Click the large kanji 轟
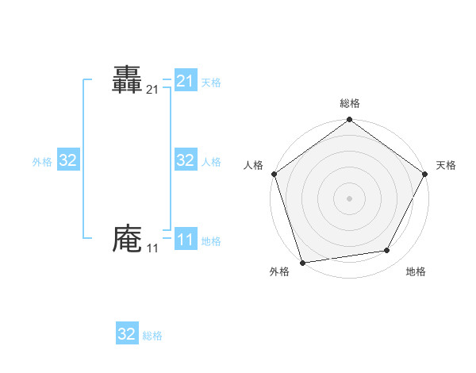(127, 80)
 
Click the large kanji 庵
(127, 239)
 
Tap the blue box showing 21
(186, 81)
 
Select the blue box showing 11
(186, 240)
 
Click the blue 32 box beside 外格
(68, 161)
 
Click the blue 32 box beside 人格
(186, 161)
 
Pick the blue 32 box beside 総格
(127, 334)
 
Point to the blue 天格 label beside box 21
(211, 82)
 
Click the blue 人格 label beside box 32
(211, 162)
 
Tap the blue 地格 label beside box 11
(211, 241)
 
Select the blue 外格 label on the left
(42, 162)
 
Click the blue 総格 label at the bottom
(152, 336)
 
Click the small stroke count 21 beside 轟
(152, 90)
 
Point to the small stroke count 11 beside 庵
(152, 249)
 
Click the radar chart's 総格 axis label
(349, 103)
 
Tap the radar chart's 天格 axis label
(446, 165)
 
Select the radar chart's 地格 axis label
(416, 271)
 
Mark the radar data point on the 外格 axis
(302, 262)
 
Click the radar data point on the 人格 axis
(274, 174)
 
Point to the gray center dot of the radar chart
(349, 198)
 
